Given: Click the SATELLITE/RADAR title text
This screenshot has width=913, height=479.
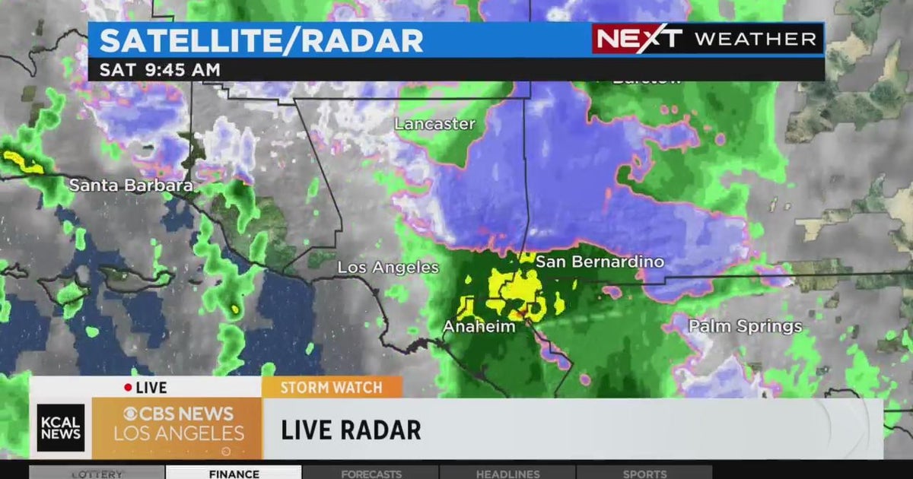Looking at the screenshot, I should [261, 40].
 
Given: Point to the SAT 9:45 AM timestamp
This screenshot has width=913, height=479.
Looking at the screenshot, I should [160, 70].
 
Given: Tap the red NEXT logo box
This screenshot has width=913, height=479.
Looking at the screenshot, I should [638, 39].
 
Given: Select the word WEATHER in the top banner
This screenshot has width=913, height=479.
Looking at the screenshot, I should [755, 40].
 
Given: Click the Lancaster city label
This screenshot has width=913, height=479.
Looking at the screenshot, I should [434, 124].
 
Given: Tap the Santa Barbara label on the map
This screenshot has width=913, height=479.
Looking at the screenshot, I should [131, 185].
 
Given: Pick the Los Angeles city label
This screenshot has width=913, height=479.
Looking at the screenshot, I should [388, 268].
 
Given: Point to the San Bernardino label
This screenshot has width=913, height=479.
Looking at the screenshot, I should [600, 262].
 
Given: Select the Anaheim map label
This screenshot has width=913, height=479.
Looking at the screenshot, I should [479, 327].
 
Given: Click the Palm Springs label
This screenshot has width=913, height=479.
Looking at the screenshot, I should [745, 327].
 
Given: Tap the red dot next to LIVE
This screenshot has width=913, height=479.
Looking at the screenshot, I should [128, 388].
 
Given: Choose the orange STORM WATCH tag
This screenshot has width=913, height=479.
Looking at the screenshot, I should [331, 388].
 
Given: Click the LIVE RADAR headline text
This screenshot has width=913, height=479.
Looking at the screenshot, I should [351, 430].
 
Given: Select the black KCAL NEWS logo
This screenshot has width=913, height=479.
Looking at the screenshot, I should [61, 428].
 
